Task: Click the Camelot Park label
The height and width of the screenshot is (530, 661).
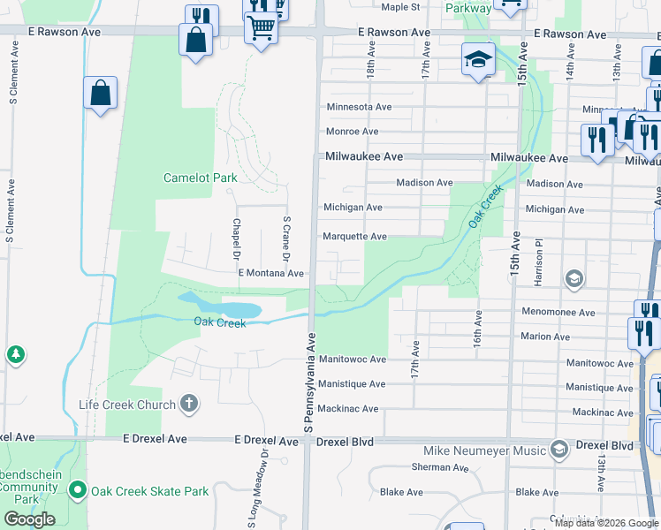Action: [201, 178]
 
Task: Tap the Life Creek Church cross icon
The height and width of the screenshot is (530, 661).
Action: [188, 405]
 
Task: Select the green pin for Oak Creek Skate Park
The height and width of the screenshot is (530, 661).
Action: [78, 490]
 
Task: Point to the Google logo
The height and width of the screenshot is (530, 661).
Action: [29, 519]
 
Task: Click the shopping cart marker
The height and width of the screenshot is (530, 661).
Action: [261, 29]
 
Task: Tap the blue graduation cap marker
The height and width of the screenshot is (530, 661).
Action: [478, 60]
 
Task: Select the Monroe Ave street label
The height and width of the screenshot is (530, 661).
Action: [352, 132]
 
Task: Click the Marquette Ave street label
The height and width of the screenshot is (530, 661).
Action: [354, 237]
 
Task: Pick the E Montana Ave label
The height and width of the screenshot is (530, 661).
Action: [271, 274]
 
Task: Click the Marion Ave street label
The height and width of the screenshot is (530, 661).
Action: [545, 337]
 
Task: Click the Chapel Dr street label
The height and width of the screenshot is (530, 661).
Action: [237, 240]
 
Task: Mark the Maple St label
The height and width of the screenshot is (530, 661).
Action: [400, 7]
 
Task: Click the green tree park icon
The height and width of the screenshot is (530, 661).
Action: [15, 355]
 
